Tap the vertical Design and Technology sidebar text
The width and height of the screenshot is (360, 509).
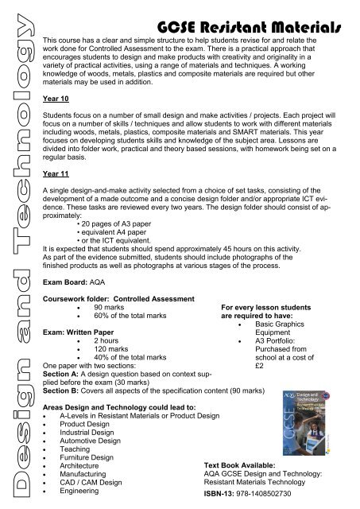pyautogui.click(x=19, y=254)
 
